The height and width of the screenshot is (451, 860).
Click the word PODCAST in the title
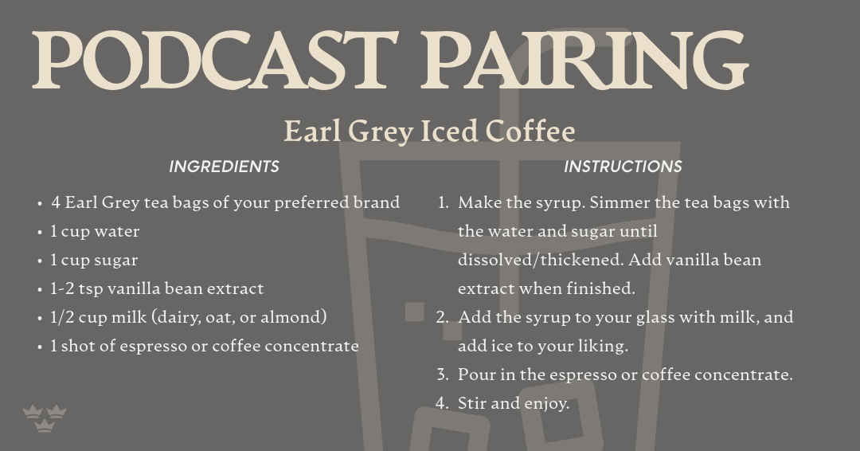[x=215, y=60]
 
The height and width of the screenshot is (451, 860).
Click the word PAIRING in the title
[x=584, y=60]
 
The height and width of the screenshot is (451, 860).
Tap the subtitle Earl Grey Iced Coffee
[x=429, y=131]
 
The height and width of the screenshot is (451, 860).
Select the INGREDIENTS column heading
[x=224, y=167]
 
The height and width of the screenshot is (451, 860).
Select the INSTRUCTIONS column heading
[x=623, y=167]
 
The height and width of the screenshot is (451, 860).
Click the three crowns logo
[x=45, y=418]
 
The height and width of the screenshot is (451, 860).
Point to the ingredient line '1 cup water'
[x=95, y=232]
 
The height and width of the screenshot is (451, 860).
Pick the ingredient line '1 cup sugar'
[x=94, y=260]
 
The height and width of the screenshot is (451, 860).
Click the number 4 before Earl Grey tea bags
[x=56, y=203]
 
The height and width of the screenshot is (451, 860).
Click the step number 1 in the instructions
[x=442, y=203]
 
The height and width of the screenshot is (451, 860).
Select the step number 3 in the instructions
[x=442, y=375]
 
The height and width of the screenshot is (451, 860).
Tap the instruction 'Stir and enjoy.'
[x=514, y=403]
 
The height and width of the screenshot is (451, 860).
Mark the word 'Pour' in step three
[x=475, y=375]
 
